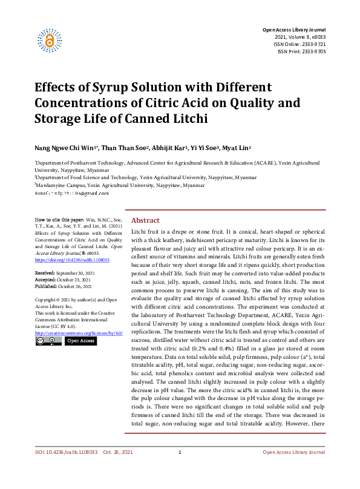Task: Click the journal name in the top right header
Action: pos(293,30)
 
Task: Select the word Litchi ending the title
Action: pos(188,117)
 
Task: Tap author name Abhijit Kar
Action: pos(170,147)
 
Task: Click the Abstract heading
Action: pos(145,221)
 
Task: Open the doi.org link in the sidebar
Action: pos(72,260)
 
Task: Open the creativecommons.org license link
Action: pos(79,333)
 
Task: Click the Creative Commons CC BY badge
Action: pos(48,341)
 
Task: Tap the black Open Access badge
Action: pos(80,341)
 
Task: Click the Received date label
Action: pos(47,274)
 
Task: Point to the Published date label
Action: pos(48,286)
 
